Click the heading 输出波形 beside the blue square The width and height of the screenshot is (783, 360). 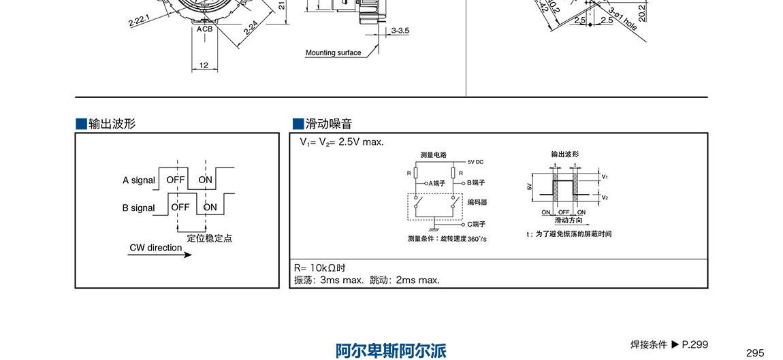pyautogui.click(x=112, y=123)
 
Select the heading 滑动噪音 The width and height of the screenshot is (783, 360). pyautogui.click(x=329, y=123)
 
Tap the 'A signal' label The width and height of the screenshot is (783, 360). pyautogui.click(x=139, y=180)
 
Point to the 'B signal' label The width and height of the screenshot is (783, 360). pyautogui.click(x=138, y=208)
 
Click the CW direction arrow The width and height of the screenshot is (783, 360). pyautogui.click(x=160, y=255)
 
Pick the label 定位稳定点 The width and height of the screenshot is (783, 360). pyautogui.click(x=210, y=238)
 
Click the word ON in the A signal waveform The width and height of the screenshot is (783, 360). pyautogui.click(x=205, y=180)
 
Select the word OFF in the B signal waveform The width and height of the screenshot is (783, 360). pyautogui.click(x=180, y=207)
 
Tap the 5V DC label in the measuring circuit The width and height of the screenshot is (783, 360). pyautogui.click(x=476, y=162)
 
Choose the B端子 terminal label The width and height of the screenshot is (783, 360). pyautogui.click(x=476, y=183)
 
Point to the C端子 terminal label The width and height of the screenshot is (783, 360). pyautogui.click(x=476, y=224)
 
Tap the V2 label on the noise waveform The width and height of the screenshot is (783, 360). pyautogui.click(x=605, y=198)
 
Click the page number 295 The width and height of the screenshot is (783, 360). pyautogui.click(x=754, y=353)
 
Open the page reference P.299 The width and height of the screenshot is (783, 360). pyautogui.click(x=695, y=344)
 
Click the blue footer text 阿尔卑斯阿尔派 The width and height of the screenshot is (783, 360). pyautogui.click(x=391, y=351)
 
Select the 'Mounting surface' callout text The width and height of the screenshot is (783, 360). pyautogui.click(x=333, y=53)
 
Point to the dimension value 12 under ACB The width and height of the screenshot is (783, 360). pyautogui.click(x=204, y=65)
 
